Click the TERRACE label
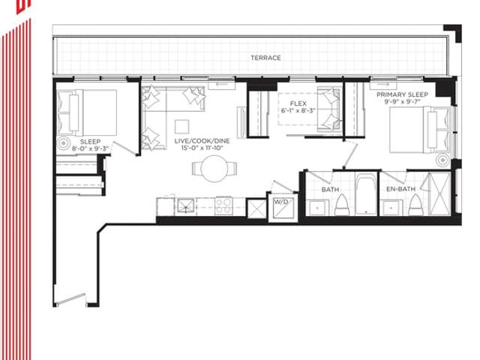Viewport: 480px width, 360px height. (265, 58)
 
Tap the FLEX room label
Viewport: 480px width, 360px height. (298, 103)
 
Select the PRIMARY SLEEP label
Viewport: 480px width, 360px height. (402, 94)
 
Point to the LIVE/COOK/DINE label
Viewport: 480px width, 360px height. (202, 141)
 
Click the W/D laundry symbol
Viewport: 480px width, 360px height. (283, 208)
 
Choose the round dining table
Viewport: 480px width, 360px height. (214, 169)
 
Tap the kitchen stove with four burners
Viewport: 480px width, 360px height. (224, 206)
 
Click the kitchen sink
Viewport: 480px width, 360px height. (185, 205)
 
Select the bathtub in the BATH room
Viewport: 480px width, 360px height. (366, 194)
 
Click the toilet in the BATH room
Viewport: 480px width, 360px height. (342, 205)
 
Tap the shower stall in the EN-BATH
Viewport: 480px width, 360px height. (439, 193)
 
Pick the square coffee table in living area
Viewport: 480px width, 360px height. (181, 127)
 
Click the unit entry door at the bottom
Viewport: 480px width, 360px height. (71, 299)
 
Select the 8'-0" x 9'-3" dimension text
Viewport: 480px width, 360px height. (90, 148)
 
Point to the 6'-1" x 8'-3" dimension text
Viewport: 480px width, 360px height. (298, 110)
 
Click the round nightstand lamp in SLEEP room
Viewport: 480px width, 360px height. (64, 143)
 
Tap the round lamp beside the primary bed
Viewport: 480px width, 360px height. (443, 160)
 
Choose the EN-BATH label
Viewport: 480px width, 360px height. (401, 189)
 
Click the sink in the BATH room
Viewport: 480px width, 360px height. (318, 208)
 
